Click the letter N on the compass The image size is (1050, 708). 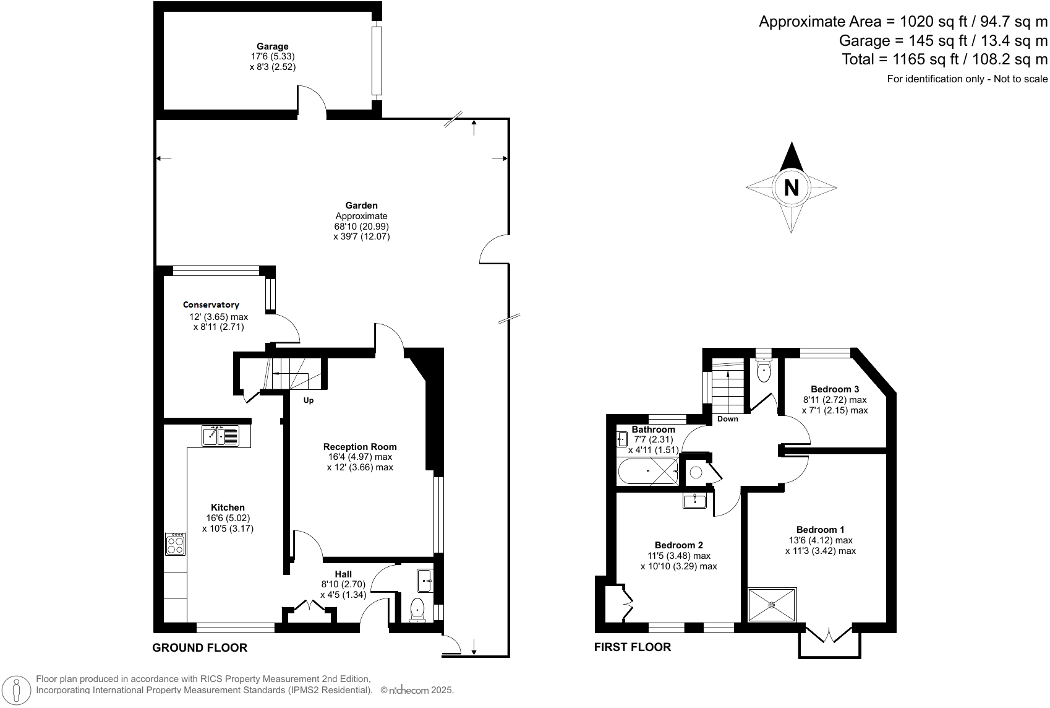[791, 187]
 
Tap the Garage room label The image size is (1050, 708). [273, 46]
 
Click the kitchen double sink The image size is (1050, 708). [220, 436]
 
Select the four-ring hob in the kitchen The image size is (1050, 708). [176, 544]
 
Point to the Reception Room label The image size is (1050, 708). [360, 447]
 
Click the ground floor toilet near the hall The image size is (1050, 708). [417, 609]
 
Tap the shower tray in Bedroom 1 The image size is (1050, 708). [772, 605]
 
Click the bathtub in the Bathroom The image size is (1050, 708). [647, 472]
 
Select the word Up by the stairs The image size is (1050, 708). [309, 400]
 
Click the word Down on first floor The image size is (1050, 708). [727, 419]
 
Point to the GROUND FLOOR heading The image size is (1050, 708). [200, 648]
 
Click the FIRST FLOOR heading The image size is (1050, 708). [632, 647]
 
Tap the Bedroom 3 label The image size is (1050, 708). [834, 389]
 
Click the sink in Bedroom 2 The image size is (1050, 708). [694, 500]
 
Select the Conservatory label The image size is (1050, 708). [211, 304]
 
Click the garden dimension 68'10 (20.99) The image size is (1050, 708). [361, 227]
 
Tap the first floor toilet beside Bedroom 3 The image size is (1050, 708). [764, 372]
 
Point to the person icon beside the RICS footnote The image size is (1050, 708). [17, 690]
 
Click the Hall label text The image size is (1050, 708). [343, 574]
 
